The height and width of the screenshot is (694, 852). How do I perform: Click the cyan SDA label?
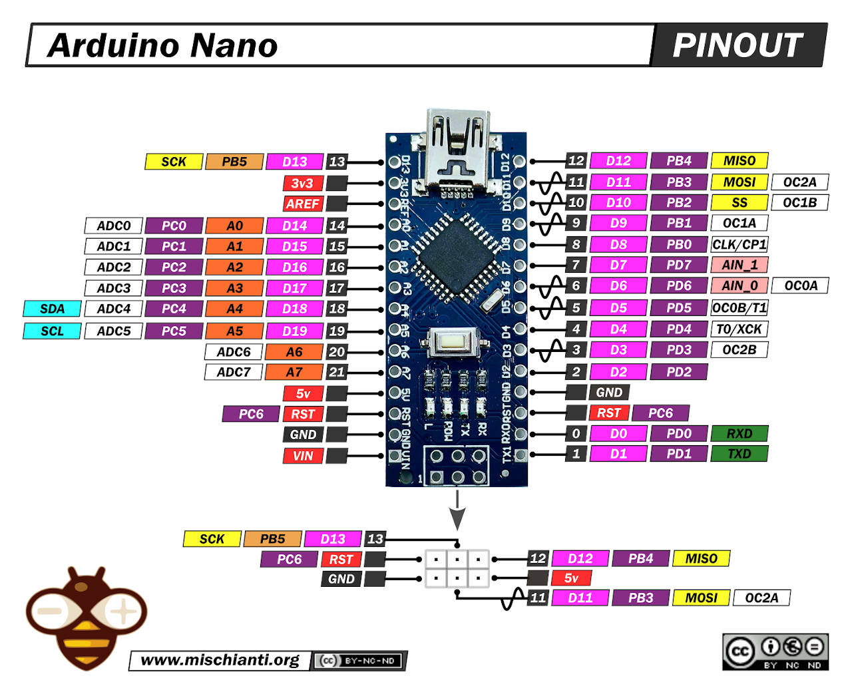[x=52, y=309]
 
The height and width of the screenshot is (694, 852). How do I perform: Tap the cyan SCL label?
[x=52, y=331]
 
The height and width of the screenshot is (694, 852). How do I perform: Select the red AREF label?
[x=302, y=204]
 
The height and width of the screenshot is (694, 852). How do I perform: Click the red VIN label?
[x=302, y=456]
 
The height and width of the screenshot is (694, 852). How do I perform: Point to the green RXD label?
[x=739, y=434]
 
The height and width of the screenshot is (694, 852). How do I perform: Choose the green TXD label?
[x=739, y=454]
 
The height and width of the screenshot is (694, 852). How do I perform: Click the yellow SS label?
[x=739, y=202]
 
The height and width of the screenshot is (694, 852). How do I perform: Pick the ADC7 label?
[x=233, y=372]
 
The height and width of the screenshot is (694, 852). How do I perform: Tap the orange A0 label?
[x=234, y=226]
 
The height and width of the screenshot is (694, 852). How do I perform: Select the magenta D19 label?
[x=294, y=331]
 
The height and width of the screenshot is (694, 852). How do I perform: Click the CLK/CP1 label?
[x=739, y=244]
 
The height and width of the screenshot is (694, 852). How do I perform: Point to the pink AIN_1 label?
[x=739, y=265]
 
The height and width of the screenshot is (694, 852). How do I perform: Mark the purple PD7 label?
[x=678, y=265]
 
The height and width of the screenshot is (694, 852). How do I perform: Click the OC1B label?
[x=799, y=202]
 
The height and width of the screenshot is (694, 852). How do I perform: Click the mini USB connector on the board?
[x=457, y=150]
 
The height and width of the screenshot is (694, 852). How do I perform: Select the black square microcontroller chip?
[x=457, y=256]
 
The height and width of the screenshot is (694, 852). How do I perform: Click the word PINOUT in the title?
[x=738, y=45]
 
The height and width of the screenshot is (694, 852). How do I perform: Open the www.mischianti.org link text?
[x=220, y=660]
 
